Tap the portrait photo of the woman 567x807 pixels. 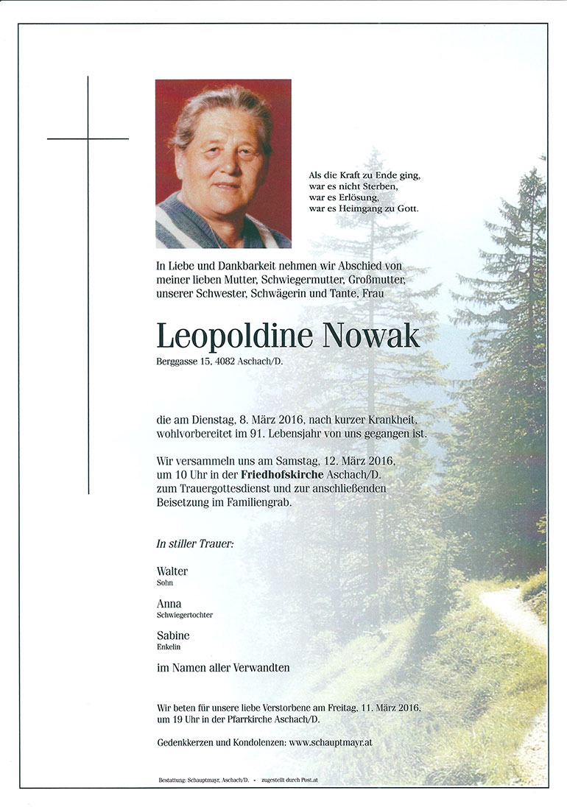click(x=223, y=163)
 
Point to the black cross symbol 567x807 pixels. click(x=88, y=138)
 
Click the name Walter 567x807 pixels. click(x=172, y=571)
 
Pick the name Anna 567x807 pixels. click(x=169, y=603)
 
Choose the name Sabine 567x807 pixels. click(x=173, y=635)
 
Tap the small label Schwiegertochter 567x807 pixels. click(x=184, y=615)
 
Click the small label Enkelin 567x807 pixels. click(x=168, y=647)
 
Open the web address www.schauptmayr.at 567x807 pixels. click(x=331, y=743)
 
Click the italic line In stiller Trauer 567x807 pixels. click(x=194, y=544)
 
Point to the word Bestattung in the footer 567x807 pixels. click(x=172, y=780)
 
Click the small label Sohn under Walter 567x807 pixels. click(x=164, y=582)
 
